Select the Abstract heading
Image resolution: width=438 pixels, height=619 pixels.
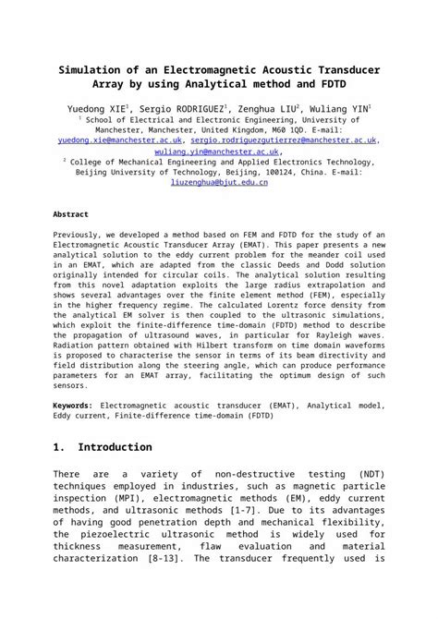pyautogui.click(x=71, y=213)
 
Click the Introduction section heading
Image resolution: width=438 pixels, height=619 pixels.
pyautogui.click(x=116, y=447)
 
